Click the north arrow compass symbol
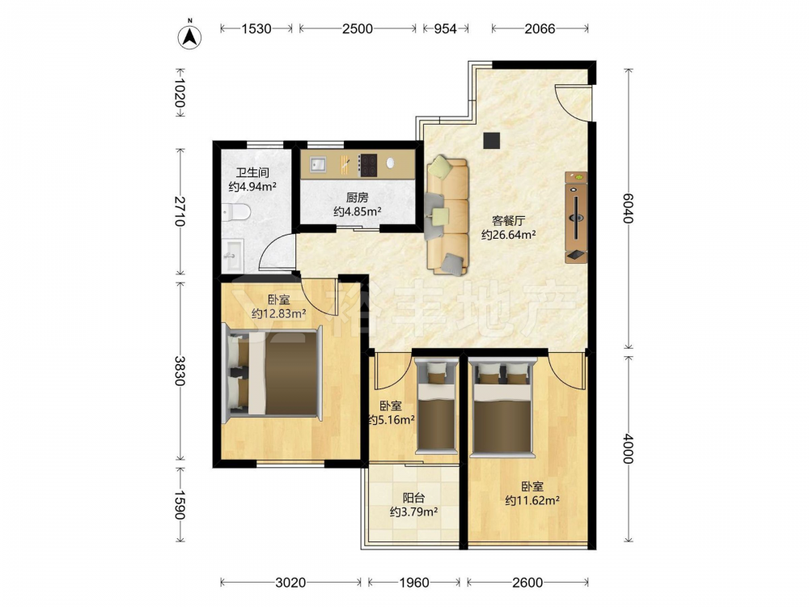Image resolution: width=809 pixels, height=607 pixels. pos(189,36)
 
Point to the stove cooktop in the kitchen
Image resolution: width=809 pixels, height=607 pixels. pos(368,165)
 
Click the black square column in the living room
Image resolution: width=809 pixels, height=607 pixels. pos(492,140)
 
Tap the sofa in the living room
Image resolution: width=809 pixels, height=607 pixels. pos(447,215)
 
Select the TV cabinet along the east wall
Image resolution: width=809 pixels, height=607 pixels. pos(576,217)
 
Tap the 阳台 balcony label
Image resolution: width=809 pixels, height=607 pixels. pos(413,498)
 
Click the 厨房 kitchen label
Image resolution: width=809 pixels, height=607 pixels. pos(357,197)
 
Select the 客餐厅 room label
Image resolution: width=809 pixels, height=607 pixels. pos(508,221)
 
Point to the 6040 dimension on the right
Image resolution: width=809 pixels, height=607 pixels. pos(628,208)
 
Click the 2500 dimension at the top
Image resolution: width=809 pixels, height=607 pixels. pos(357,28)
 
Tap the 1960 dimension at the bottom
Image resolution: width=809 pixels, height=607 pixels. pos(413,583)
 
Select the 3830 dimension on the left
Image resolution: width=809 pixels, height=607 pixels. pos(180,371)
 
